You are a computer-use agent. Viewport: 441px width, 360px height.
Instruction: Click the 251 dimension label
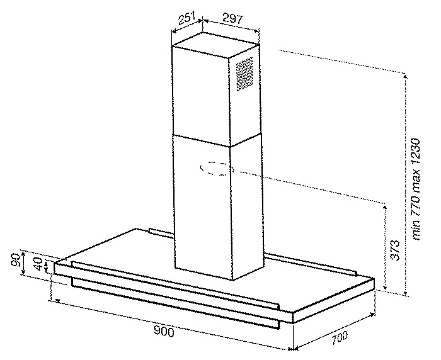(185, 18)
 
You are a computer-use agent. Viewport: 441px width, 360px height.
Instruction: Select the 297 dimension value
(232, 19)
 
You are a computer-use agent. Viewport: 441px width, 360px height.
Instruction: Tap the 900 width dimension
(164, 332)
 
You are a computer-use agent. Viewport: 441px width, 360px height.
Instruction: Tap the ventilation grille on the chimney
(244, 74)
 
